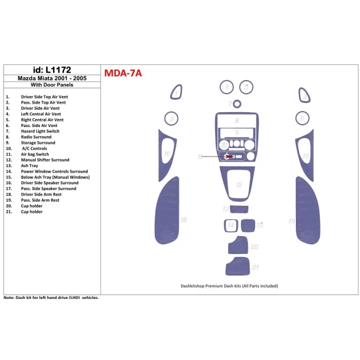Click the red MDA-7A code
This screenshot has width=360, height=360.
(x=123, y=73)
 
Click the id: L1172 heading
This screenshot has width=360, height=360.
(x=50, y=70)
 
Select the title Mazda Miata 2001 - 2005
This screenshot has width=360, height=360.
(x=50, y=78)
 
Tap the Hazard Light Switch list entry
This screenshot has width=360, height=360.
(x=40, y=131)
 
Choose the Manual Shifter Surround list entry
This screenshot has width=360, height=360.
(x=45, y=160)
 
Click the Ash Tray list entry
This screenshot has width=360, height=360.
(x=30, y=165)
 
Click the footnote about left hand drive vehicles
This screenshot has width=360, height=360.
(x=51, y=297)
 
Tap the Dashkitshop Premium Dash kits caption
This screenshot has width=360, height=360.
(x=229, y=285)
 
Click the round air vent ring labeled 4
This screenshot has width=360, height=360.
(x=227, y=87)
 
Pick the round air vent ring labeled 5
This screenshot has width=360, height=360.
(x=247, y=87)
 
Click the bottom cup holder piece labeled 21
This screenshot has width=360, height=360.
(x=237, y=266)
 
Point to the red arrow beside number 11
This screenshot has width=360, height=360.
(x=215, y=157)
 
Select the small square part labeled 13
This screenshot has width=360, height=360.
(x=248, y=225)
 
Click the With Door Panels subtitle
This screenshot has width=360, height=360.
(x=50, y=86)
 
